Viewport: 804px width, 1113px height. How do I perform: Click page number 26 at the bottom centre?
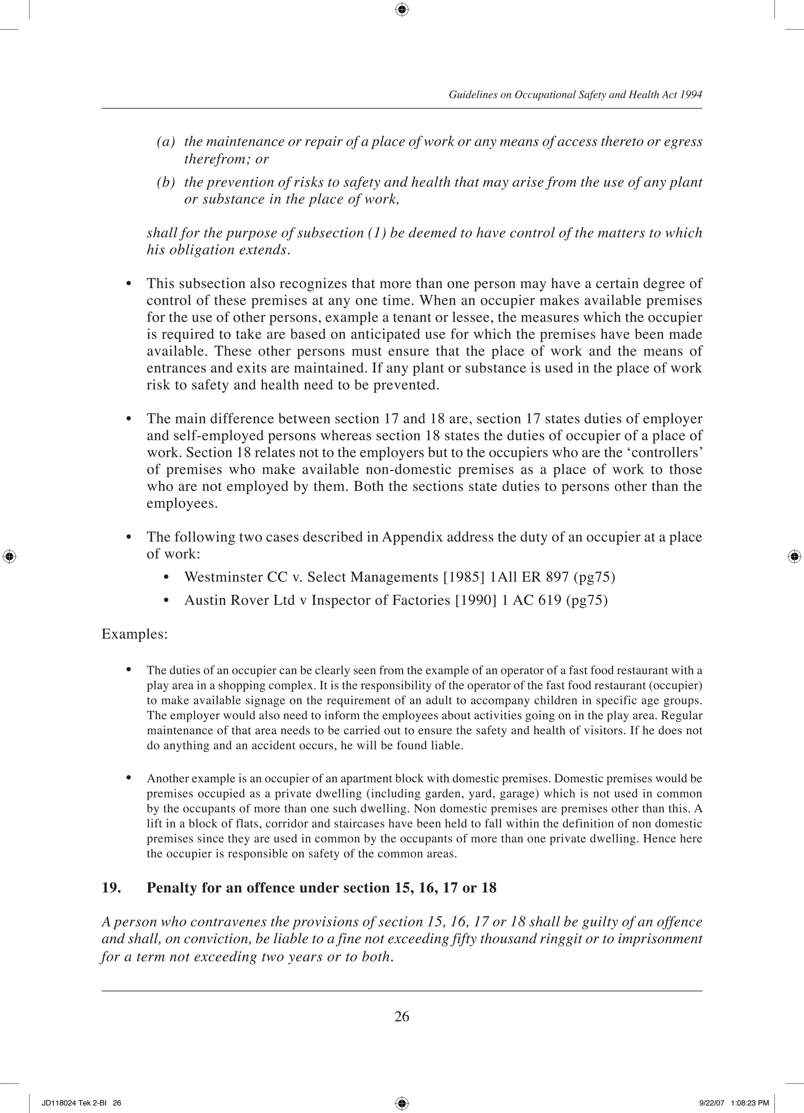click(x=402, y=1016)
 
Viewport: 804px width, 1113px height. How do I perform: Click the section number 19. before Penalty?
click(x=111, y=888)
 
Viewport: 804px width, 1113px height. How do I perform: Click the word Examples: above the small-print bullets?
click(x=135, y=634)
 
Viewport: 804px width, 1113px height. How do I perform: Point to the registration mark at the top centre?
click(x=402, y=9)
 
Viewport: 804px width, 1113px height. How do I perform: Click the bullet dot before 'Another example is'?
click(x=129, y=778)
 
